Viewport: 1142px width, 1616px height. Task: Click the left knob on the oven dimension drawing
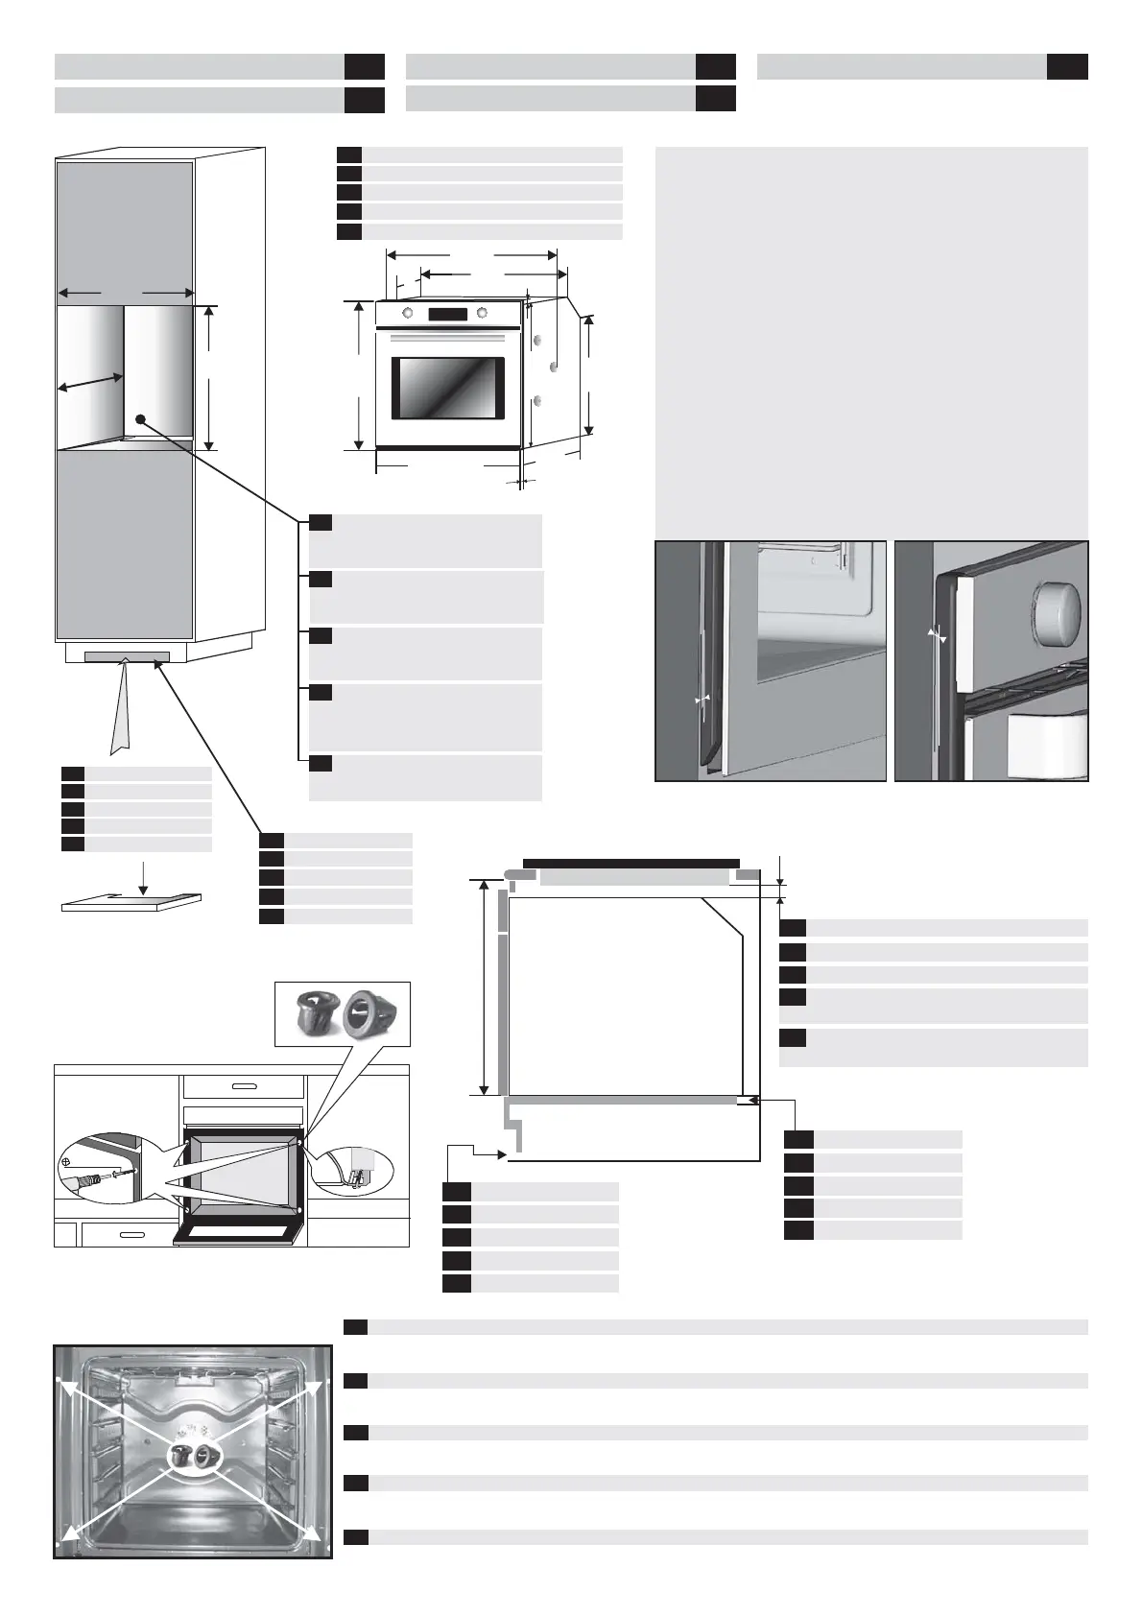(x=409, y=313)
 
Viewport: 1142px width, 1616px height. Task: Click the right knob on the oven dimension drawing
(x=482, y=313)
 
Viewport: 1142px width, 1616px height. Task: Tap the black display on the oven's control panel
(x=447, y=314)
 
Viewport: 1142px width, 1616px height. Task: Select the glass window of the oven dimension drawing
(x=447, y=389)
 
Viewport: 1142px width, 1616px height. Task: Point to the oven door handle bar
(x=447, y=337)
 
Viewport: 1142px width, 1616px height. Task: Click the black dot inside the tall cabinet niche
(x=140, y=419)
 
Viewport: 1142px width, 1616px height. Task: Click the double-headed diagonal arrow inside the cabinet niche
(x=90, y=382)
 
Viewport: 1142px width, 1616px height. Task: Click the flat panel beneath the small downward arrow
(x=131, y=904)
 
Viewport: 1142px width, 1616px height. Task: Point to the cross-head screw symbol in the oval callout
(x=66, y=1161)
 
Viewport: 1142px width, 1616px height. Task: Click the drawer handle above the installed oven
(x=244, y=1086)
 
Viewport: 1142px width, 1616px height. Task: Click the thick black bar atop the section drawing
(x=630, y=863)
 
